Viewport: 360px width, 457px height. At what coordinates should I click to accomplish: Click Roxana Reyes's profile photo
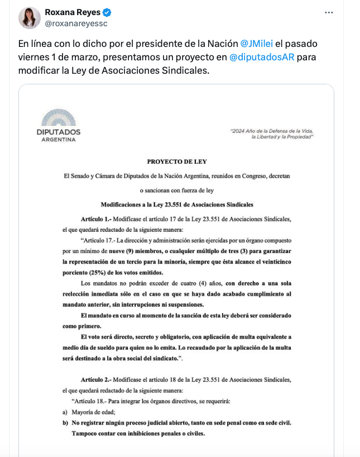[x=29, y=18]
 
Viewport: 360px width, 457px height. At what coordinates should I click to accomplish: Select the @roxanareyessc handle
[x=76, y=23]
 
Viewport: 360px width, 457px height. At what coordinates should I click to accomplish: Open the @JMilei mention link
[x=257, y=43]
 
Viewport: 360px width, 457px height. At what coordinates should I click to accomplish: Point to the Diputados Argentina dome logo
[x=59, y=118]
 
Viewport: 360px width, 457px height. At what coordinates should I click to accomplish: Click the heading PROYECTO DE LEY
[x=176, y=161]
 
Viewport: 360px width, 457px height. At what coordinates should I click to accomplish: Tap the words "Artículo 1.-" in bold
[x=95, y=219]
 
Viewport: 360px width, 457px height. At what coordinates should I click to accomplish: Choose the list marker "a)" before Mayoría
[x=65, y=412]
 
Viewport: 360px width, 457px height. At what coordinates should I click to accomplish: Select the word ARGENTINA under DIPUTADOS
[x=59, y=140]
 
